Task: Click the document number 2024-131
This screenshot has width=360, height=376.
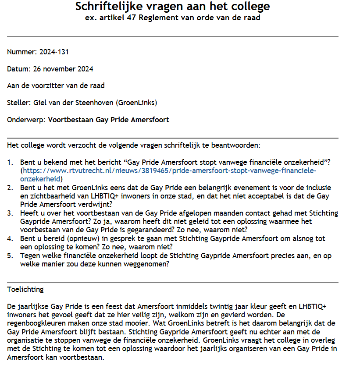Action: (54, 52)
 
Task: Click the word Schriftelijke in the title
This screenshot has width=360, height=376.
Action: (107, 7)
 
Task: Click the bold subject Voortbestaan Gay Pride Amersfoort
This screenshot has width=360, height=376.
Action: (108, 120)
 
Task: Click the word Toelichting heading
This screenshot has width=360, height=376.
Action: (25, 289)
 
